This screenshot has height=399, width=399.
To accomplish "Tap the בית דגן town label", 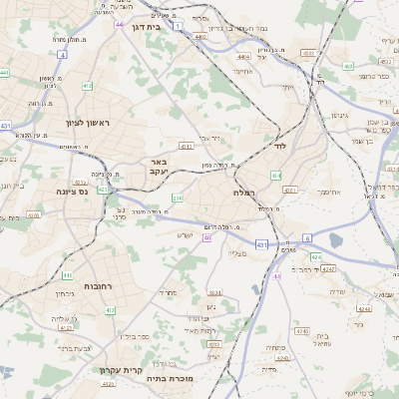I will pos(147,27).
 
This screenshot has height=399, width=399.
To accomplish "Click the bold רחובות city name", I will pos(98,286).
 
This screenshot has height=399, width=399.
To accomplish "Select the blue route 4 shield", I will pos(62,55).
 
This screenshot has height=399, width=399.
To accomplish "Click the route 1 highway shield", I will pos(178,26).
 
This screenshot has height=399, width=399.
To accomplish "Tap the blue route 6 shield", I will pos(307,238).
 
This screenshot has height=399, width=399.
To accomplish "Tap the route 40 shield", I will pos(207,238).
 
